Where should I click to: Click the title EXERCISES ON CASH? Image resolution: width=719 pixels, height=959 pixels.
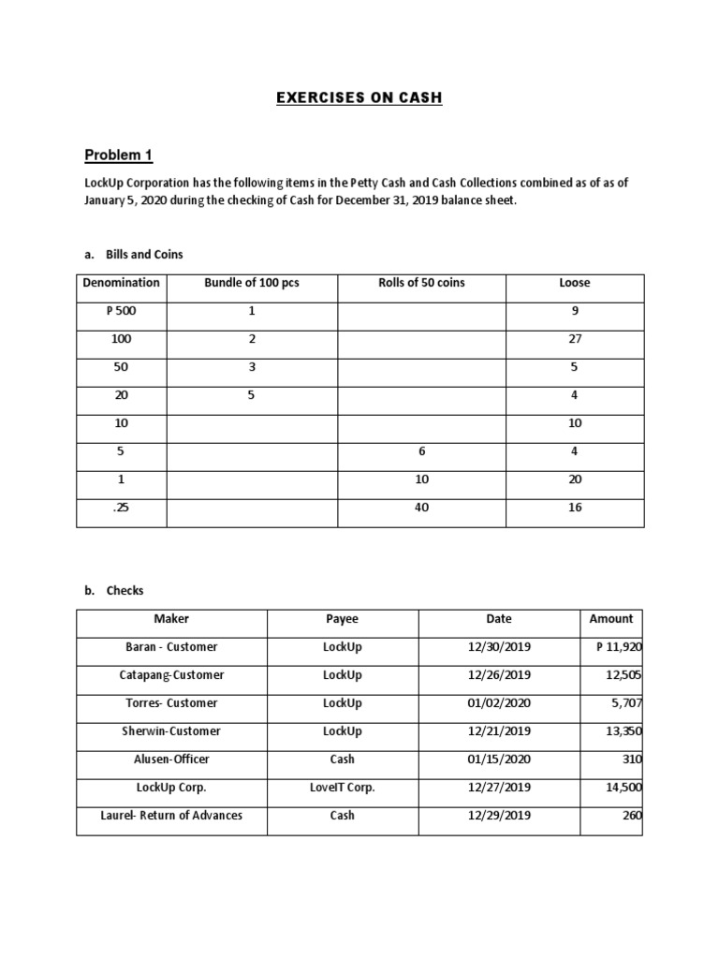click(359, 98)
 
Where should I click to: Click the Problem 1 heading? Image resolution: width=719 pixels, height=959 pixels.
click(118, 155)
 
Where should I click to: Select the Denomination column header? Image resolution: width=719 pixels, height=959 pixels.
click(122, 283)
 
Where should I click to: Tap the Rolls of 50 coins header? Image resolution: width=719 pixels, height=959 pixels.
click(421, 283)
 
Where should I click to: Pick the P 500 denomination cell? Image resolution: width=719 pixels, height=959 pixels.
click(122, 311)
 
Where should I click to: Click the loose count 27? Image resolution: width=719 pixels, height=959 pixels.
click(575, 339)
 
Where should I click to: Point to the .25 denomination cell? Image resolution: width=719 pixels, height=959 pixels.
click(122, 508)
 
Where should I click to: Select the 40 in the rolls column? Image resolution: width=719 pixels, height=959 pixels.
click(421, 508)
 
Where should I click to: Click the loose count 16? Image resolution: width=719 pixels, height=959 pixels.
click(575, 508)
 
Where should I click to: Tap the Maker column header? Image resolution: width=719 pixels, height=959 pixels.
click(171, 619)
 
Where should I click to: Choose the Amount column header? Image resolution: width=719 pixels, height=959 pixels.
click(611, 619)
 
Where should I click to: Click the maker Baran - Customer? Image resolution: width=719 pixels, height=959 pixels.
click(171, 647)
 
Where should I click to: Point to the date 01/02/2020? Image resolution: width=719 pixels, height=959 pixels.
click(499, 703)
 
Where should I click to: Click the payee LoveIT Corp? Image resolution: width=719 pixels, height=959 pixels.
click(342, 788)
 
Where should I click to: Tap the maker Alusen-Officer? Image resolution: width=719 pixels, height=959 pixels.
click(171, 760)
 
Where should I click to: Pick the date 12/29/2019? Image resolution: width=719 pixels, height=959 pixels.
click(499, 816)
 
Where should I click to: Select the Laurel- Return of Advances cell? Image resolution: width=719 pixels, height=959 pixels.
click(171, 816)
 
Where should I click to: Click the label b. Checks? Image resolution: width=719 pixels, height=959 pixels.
click(114, 591)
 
